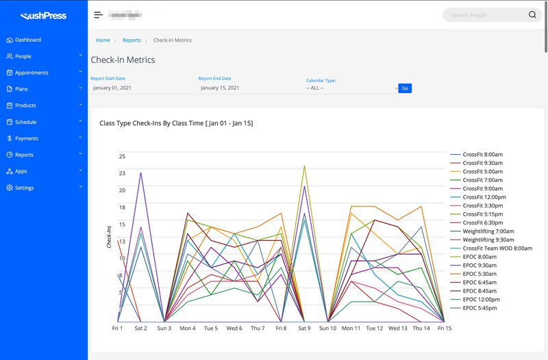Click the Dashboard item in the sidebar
click(x=27, y=40)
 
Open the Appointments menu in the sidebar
click(x=32, y=73)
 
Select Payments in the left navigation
click(x=27, y=138)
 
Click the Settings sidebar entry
click(x=24, y=188)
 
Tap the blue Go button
click(x=405, y=88)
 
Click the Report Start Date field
click(x=140, y=88)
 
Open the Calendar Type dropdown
click(x=351, y=88)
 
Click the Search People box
click(x=486, y=15)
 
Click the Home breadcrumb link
click(x=103, y=40)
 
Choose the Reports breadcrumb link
click(x=132, y=40)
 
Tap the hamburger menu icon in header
click(x=99, y=15)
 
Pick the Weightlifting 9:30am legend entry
click(x=488, y=240)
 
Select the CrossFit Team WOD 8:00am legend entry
click(x=497, y=248)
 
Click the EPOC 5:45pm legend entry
click(x=480, y=308)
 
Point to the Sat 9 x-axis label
click(x=303, y=329)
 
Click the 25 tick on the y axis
click(x=122, y=157)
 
